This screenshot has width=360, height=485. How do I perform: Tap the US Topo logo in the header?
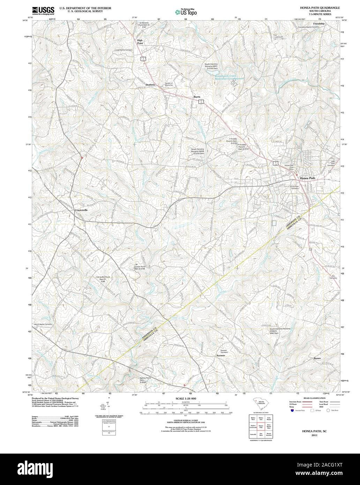pyautogui.click(x=186, y=12)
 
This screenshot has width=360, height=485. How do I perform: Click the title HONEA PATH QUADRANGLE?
pyautogui.click(x=320, y=7)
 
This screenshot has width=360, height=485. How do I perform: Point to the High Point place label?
pyautogui.click(x=140, y=42)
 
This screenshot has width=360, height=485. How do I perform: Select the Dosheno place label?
pyautogui.click(x=150, y=85)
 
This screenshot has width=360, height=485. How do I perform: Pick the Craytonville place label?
pyautogui.click(x=81, y=210)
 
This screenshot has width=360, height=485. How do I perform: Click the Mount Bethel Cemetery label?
pyautogui.click(x=43, y=324)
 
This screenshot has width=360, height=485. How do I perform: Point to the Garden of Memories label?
pyautogui.click(x=169, y=84)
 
